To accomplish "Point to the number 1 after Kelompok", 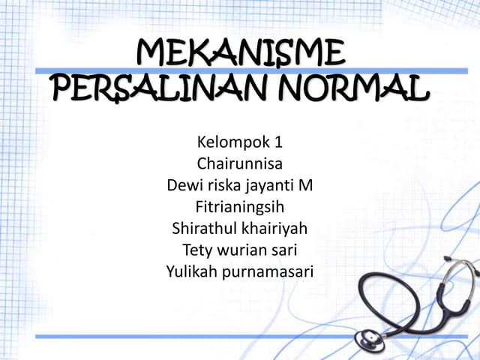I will pyautogui.click(x=280, y=141).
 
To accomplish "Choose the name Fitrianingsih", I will pyautogui.click(x=240, y=206).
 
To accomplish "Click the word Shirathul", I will pyautogui.click(x=202, y=227).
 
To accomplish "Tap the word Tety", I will pyautogui.click(x=198, y=249).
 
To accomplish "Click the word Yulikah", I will pyautogui.click(x=191, y=271).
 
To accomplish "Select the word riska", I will pyautogui.click(x=222, y=184).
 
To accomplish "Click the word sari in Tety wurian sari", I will pyautogui.click(x=285, y=249).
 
